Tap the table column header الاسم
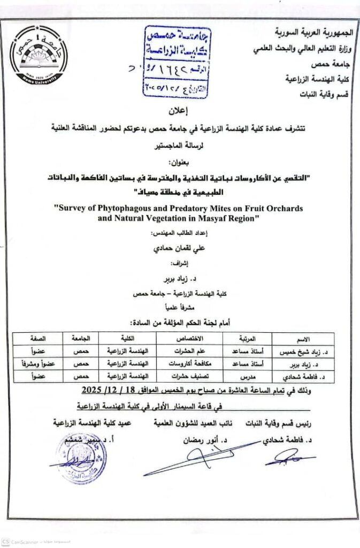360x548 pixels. pos(303,339)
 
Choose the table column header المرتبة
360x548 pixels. pos(247,339)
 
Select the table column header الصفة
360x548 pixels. pos(37,339)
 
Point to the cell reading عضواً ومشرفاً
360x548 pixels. pos(37,364)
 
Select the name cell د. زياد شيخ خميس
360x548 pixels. pos(303,352)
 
